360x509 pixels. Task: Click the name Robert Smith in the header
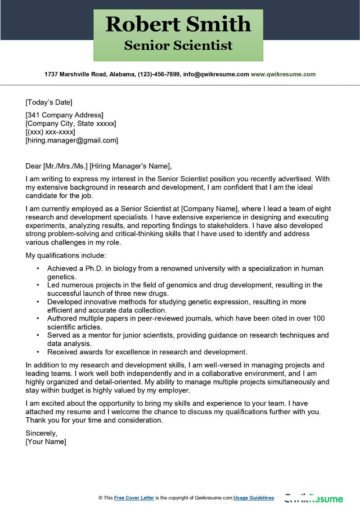click(x=178, y=24)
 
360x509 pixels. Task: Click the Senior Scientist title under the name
click(x=178, y=45)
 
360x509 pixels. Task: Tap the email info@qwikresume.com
click(x=216, y=74)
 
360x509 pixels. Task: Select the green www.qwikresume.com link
click(x=283, y=74)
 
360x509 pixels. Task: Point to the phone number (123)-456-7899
click(x=158, y=74)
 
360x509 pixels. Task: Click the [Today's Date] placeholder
click(x=49, y=102)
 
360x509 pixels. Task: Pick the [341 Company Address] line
click(x=64, y=115)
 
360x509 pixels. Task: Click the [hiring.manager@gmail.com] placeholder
click(x=72, y=140)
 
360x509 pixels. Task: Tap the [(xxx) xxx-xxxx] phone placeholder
click(x=50, y=132)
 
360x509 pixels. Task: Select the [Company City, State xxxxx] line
click(x=71, y=123)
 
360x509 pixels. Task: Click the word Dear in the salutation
click(x=33, y=166)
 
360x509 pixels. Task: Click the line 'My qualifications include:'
click(x=66, y=255)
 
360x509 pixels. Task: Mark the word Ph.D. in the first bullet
click(x=90, y=268)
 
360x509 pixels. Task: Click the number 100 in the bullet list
click(x=319, y=318)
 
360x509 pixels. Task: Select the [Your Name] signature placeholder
click(x=46, y=442)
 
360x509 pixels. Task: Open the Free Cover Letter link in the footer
click(x=134, y=498)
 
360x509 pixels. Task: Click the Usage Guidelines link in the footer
click(x=254, y=498)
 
